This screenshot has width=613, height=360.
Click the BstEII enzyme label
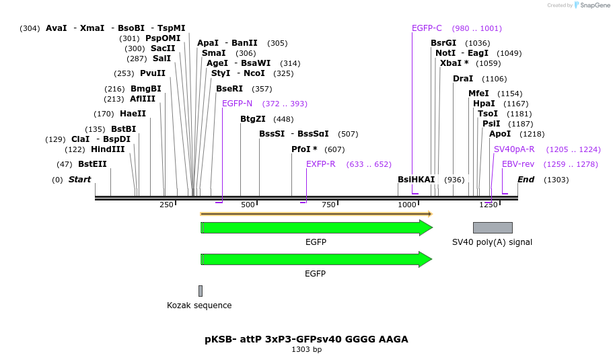click(x=92, y=164)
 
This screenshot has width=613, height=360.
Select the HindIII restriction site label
click(x=108, y=149)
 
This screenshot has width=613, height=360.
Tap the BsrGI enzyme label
click(x=443, y=43)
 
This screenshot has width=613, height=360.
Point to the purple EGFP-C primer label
click(x=427, y=28)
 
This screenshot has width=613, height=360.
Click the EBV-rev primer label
click(x=518, y=164)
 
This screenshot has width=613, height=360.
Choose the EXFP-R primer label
click(x=320, y=164)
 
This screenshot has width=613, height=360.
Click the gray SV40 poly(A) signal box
click(x=493, y=227)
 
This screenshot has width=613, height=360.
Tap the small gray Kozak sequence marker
click(x=201, y=291)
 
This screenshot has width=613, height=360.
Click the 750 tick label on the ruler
click(x=328, y=205)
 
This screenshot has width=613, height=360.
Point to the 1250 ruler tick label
click(x=488, y=205)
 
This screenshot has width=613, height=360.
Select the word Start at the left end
click(x=79, y=180)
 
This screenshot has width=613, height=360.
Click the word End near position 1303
click(x=526, y=180)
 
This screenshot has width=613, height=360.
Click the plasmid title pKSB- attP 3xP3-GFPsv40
click(x=306, y=339)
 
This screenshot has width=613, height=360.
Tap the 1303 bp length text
click(x=306, y=350)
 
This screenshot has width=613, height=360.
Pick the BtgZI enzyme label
click(x=253, y=119)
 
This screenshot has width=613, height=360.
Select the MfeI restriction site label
click(x=478, y=94)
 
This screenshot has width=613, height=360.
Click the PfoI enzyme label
click(x=304, y=149)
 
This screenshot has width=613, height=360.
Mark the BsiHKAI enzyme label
click(x=417, y=180)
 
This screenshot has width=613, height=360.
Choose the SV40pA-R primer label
click(x=514, y=149)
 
